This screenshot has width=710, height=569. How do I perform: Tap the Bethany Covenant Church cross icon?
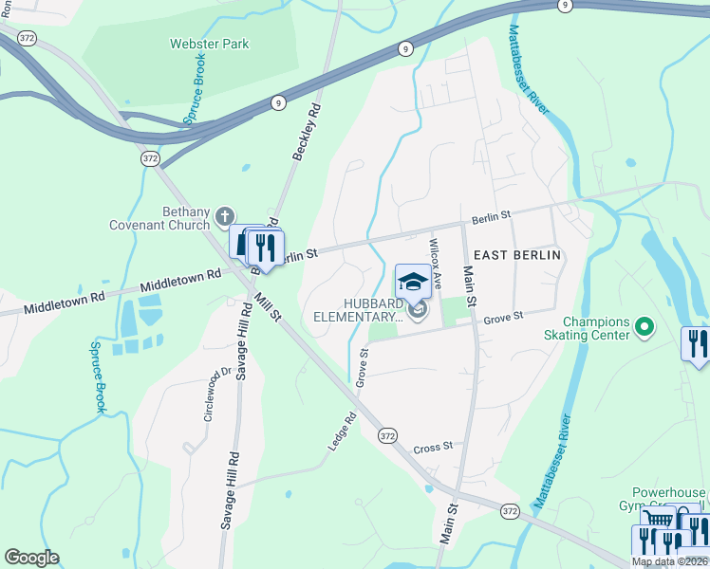224,214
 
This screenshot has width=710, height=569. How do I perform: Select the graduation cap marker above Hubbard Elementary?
413,282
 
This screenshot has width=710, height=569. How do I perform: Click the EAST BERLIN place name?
517,255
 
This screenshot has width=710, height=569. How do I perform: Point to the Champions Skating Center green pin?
645,328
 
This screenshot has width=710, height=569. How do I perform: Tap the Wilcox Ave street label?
437,264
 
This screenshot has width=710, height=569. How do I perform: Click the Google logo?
32,558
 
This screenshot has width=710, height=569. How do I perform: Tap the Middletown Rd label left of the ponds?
65,303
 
